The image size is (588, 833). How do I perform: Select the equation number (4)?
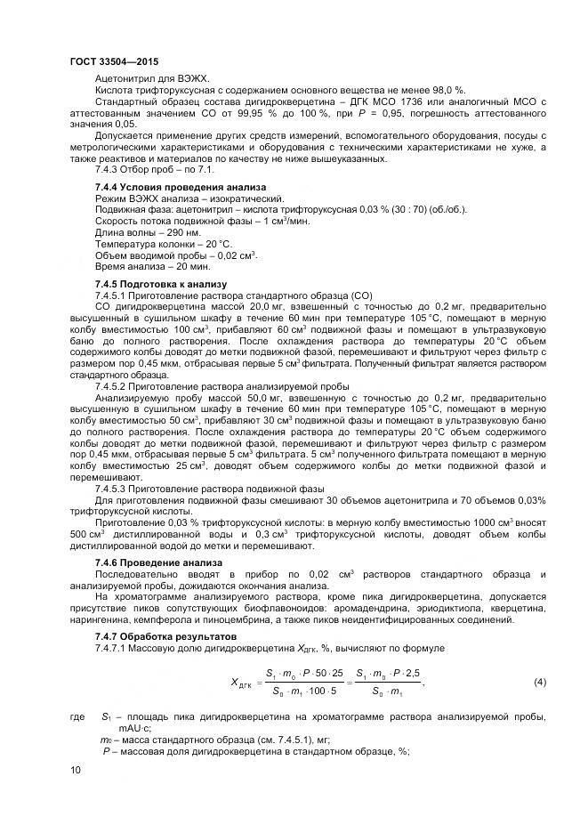coord(539,682)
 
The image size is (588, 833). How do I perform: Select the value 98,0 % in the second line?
coord(446,90)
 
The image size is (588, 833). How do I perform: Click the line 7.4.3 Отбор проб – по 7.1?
coord(155,169)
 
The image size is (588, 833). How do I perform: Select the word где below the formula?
coord(76,716)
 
